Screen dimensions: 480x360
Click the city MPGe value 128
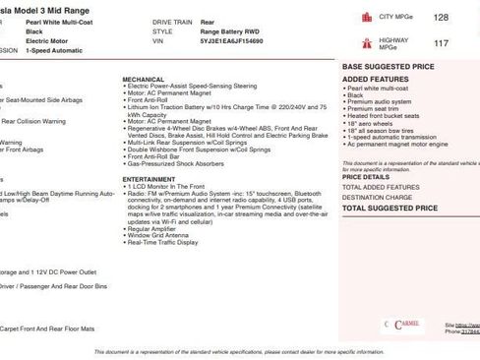(441, 18)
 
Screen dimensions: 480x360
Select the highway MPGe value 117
(441, 43)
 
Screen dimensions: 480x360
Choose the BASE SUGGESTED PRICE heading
(388, 66)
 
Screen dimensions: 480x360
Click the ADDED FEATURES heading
(375, 78)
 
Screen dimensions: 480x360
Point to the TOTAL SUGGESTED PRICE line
(390, 209)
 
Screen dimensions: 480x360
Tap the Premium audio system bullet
(380, 101)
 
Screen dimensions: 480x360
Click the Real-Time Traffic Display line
(162, 242)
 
